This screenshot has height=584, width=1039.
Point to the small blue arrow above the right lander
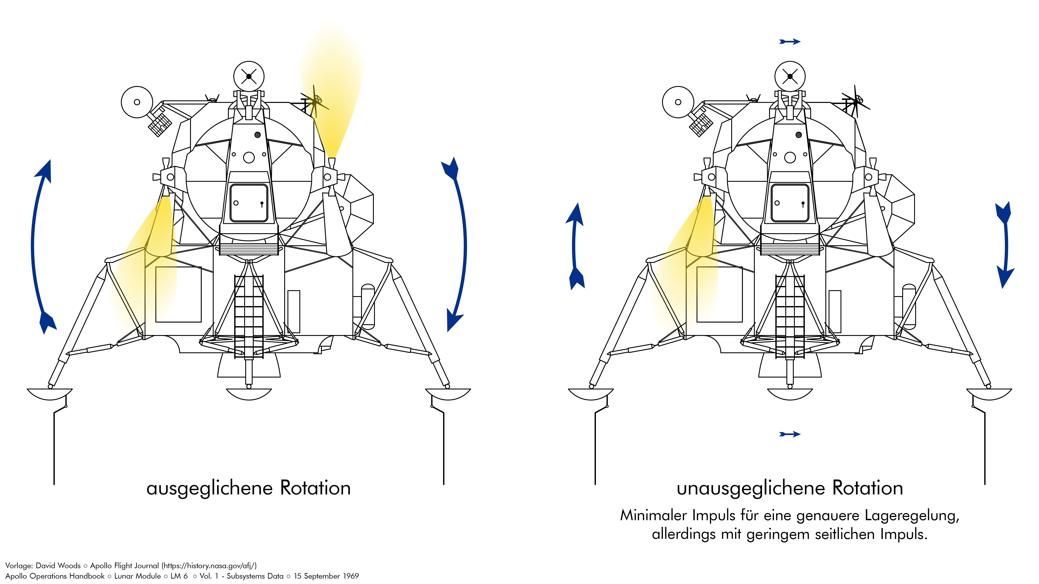tap(790, 42)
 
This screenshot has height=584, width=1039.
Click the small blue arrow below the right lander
tap(790, 434)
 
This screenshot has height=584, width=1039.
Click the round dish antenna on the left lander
tap(137, 102)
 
